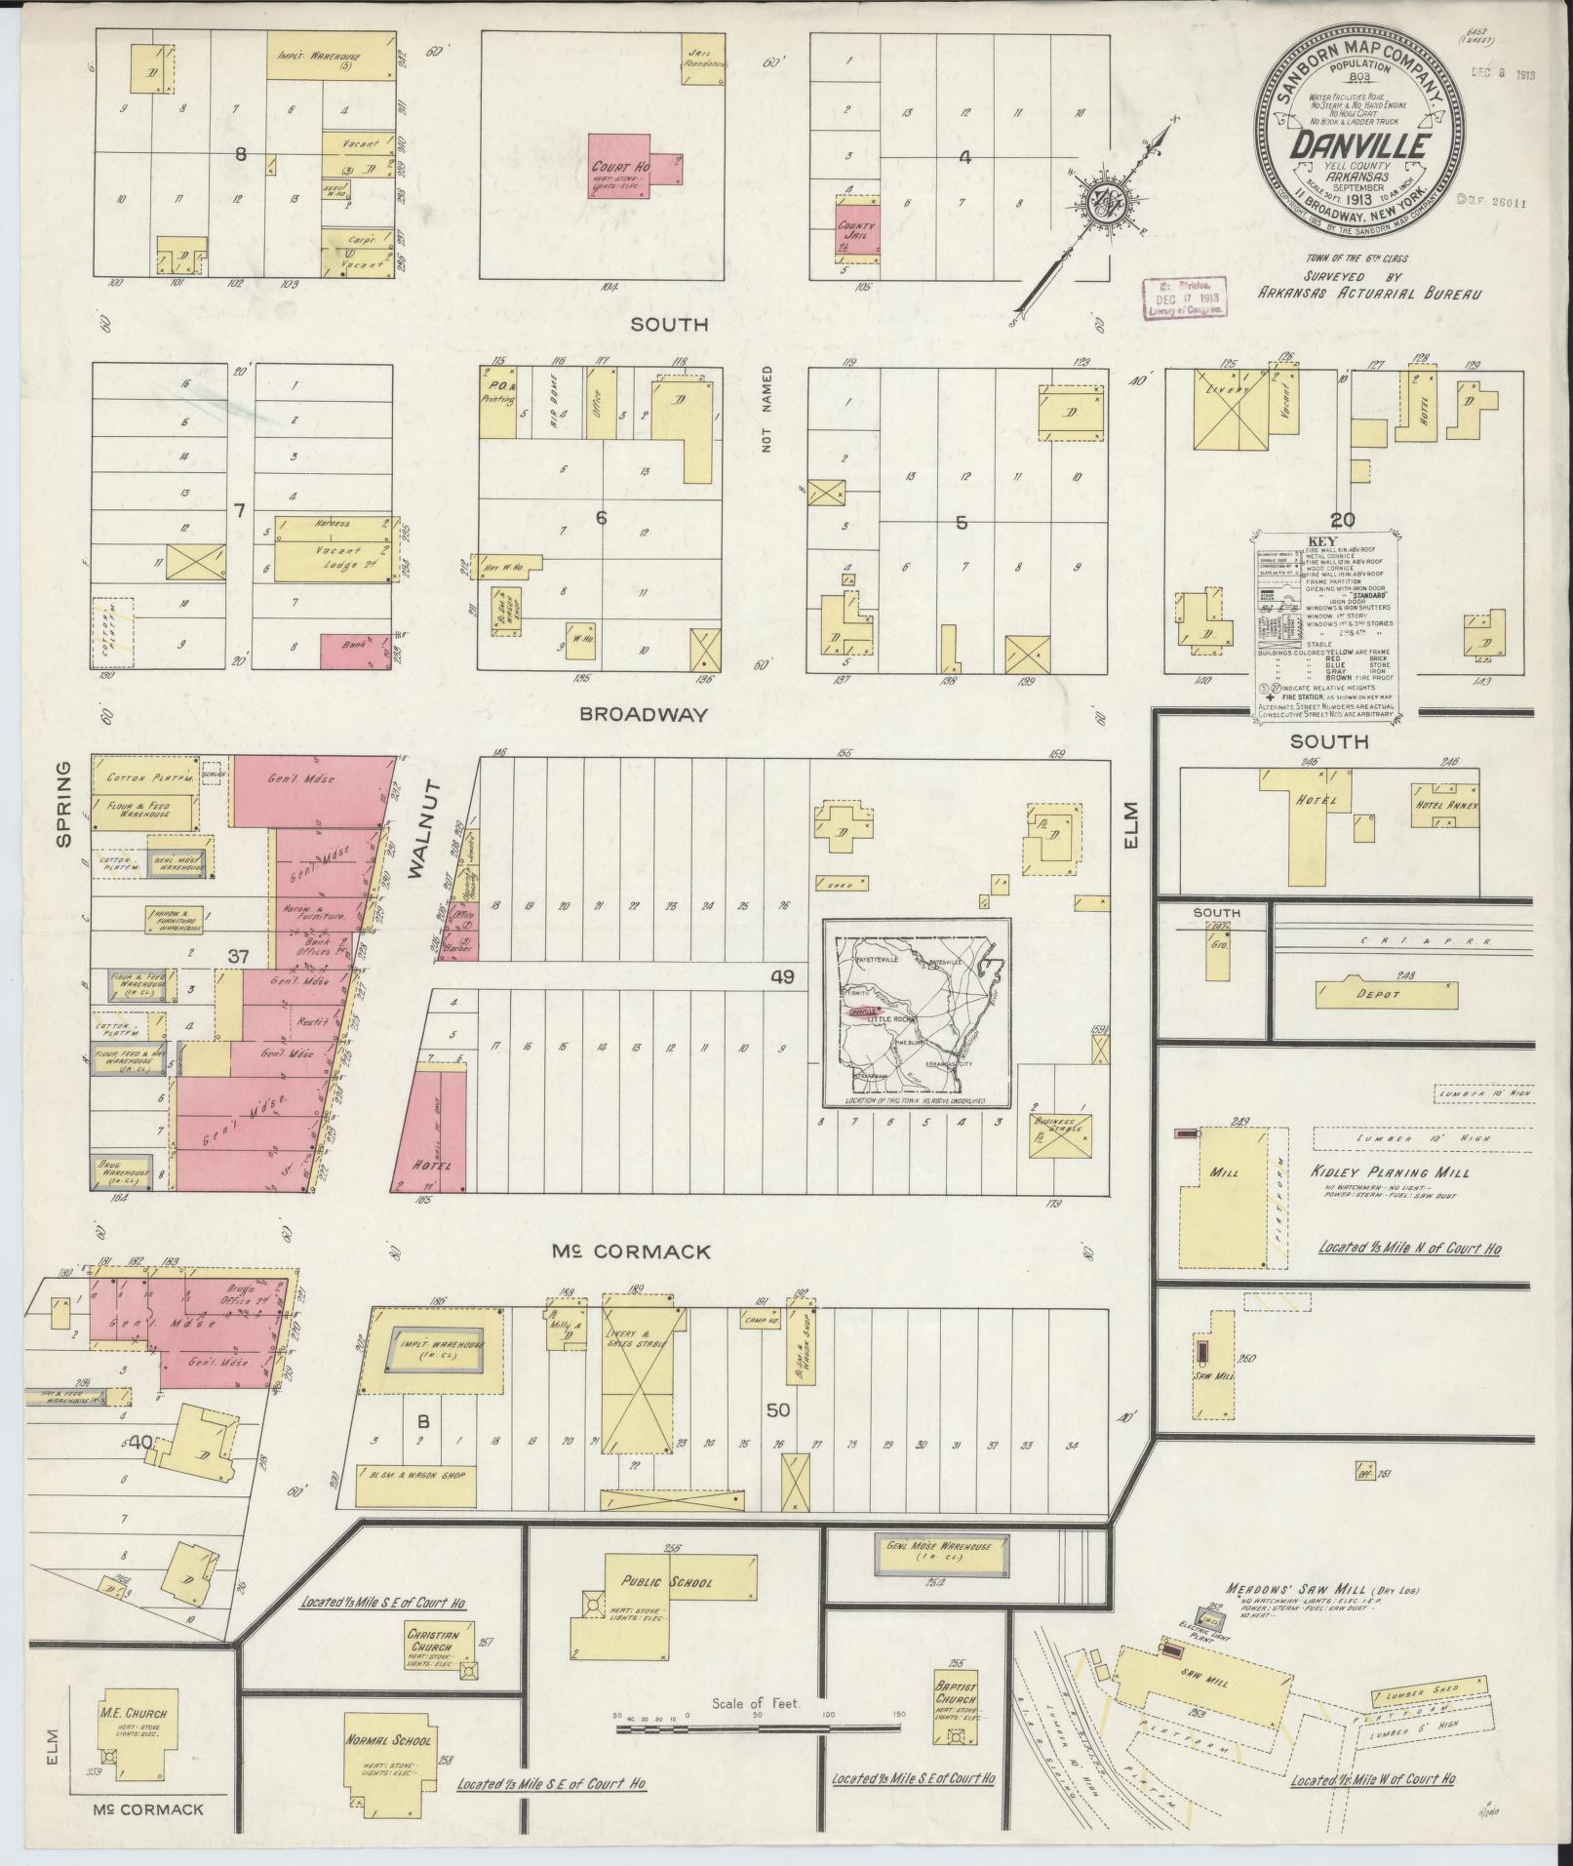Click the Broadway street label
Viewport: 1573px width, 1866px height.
click(643, 714)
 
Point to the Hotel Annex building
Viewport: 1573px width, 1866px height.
click(1447, 808)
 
